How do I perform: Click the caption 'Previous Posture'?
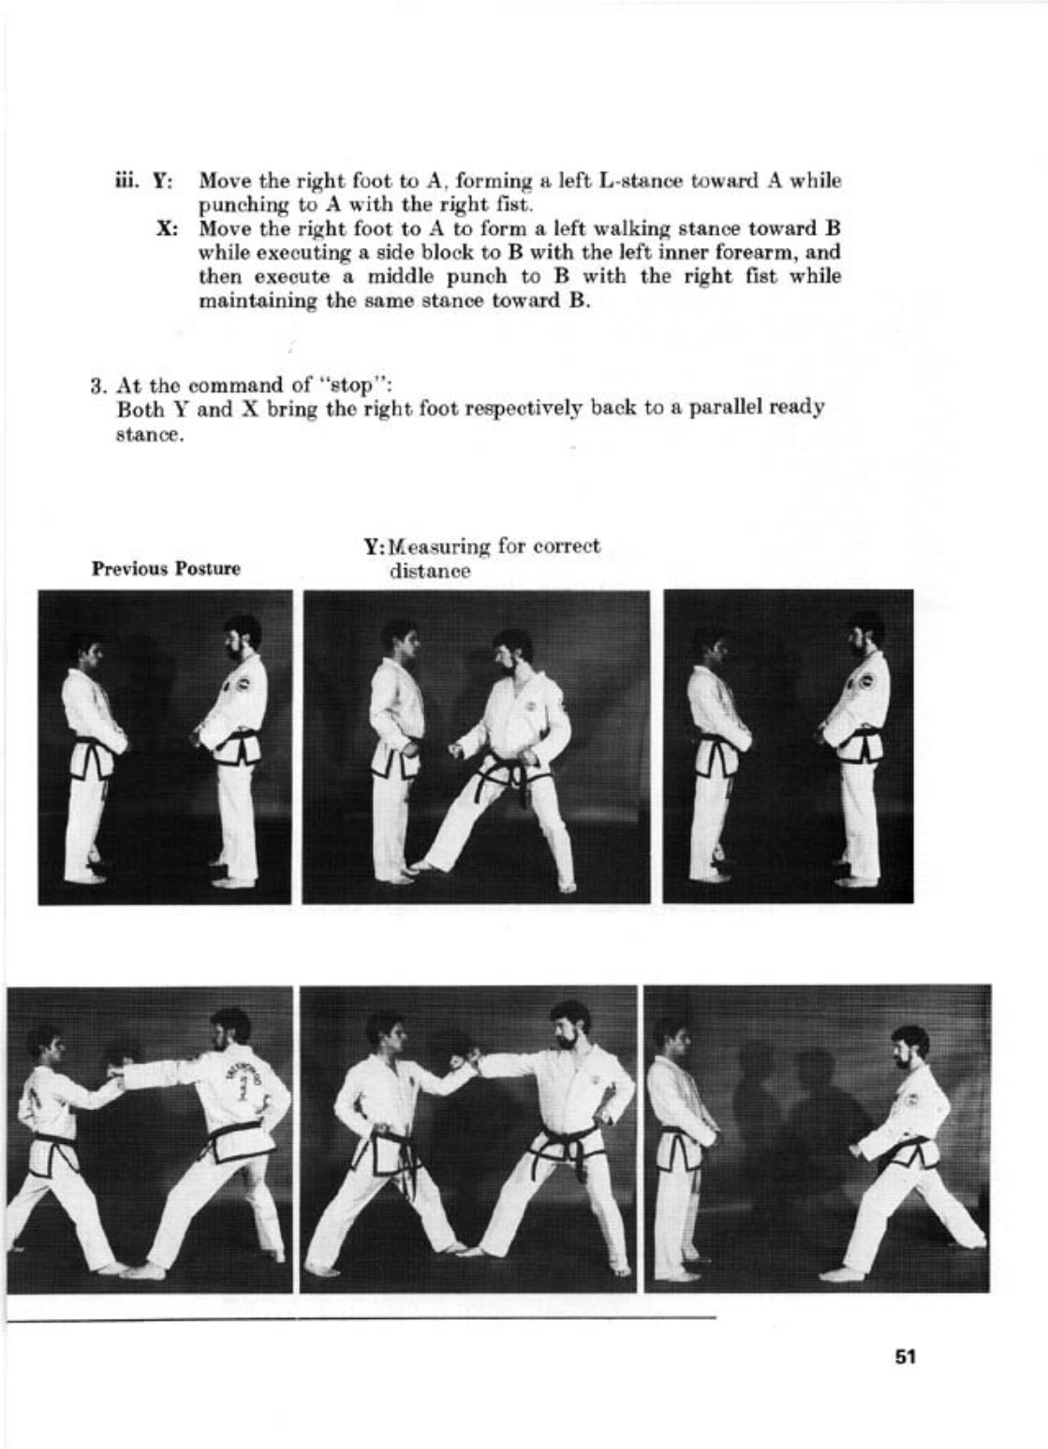(166, 568)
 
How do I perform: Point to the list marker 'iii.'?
(125, 181)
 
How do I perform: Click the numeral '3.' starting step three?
(96, 385)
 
